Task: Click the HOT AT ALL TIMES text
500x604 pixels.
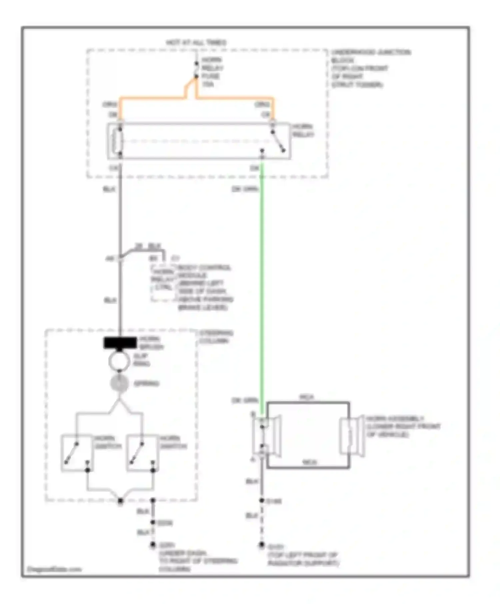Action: coord(196,43)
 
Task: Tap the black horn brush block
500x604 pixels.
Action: coord(120,343)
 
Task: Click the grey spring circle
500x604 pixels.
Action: coord(119,383)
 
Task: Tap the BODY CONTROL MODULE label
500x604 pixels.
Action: coord(205,287)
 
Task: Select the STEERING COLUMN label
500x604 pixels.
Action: coord(216,337)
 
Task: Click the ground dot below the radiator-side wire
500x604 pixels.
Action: coord(262,545)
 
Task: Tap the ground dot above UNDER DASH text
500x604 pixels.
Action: coord(153,545)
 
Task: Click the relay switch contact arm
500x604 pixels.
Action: coord(278,141)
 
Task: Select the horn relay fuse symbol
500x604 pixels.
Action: coord(196,70)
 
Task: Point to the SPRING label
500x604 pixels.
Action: coord(146,384)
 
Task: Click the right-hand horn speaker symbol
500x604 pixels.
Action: coord(352,436)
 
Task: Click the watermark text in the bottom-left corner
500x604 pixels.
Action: coord(54,569)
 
